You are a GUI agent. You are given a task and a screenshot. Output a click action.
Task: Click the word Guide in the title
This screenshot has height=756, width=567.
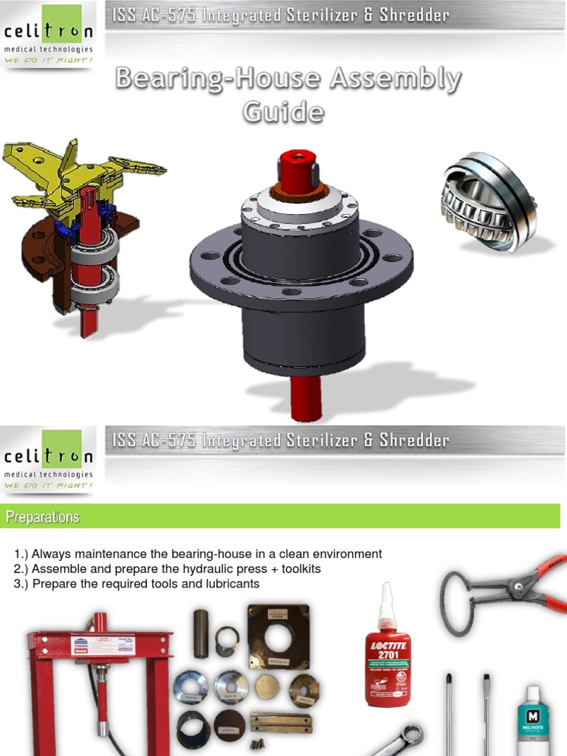[283, 112]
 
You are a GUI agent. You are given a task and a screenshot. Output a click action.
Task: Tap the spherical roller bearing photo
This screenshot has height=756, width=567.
[488, 202]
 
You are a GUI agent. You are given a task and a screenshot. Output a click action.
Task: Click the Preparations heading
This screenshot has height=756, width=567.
[43, 517]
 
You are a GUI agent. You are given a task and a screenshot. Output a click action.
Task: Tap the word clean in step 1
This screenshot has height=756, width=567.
[300, 554]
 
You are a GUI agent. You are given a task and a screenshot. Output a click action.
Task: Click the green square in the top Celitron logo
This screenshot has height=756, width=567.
[61, 18]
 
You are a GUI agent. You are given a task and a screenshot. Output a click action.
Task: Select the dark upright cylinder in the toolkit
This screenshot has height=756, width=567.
[202, 633]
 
